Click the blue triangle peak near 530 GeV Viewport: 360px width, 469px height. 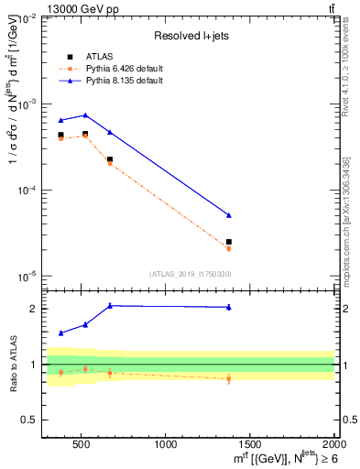click(85, 115)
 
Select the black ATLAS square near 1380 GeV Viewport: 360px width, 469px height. click(229, 242)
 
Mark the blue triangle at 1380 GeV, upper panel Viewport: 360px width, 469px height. click(229, 215)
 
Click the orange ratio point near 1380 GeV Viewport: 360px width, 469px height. click(229, 378)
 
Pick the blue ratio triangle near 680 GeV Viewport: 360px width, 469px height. click(110, 306)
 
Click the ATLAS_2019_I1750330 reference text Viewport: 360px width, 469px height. click(189, 274)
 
